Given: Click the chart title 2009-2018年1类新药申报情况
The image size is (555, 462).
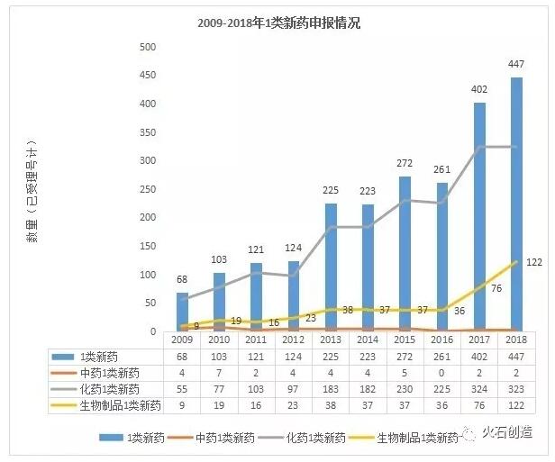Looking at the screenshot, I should pos(278,23).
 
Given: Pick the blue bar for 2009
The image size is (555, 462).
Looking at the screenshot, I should pos(183,312).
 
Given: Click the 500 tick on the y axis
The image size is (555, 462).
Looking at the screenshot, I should pos(148,47).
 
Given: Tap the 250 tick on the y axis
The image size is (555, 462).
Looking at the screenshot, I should pos(148,189).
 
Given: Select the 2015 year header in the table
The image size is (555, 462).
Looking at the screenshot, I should pos(405,340).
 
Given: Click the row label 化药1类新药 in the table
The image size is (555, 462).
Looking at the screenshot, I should pos(108,388).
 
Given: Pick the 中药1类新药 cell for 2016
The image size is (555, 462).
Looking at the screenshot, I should pos(441,373).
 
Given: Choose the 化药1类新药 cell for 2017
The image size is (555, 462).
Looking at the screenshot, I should pos(479,388).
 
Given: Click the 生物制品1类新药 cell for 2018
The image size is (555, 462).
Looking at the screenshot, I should pos(516,405).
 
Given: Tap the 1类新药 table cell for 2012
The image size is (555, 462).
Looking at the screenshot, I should pos(294,357).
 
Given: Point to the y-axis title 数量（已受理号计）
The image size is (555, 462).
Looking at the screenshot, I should pos(33,189).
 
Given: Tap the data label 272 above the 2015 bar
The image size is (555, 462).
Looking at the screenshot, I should pos(405,164).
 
